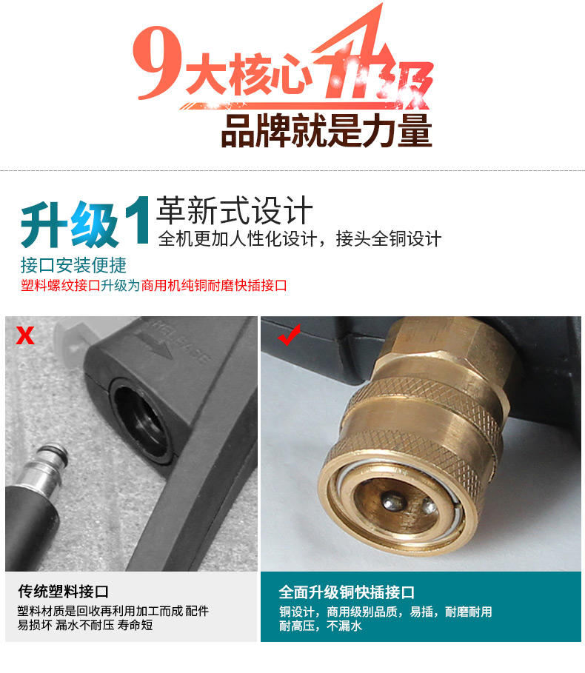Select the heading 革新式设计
tap(235, 210)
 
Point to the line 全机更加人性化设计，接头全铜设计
tap(300, 239)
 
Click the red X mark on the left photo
tap(26, 336)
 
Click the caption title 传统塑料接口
tap(64, 592)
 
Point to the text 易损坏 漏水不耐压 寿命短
tap(85, 626)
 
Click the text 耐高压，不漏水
tap(321, 626)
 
